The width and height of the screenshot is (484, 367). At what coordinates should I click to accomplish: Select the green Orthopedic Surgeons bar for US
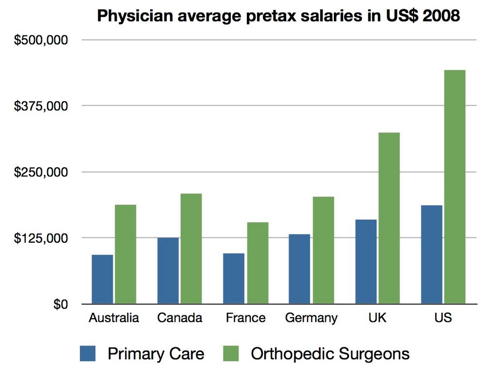pos(454,187)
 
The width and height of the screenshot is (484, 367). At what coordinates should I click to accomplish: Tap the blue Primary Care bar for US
pos(432,255)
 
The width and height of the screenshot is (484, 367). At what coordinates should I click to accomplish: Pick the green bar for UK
pos(389,218)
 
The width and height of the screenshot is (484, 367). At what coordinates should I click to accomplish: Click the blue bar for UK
pos(366,262)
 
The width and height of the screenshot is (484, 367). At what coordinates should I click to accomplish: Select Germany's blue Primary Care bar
pos(300,269)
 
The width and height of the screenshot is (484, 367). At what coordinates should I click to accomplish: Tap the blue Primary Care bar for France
pos(234,279)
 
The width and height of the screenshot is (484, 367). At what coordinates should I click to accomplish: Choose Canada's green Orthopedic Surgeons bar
pos(191,249)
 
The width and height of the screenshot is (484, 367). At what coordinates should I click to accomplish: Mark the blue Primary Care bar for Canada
pos(168,271)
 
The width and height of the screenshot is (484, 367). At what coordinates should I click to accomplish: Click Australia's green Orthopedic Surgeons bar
pos(125,254)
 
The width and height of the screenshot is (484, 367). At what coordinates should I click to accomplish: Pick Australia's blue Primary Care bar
pos(102,279)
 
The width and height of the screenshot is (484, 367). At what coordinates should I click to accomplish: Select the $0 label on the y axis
pos(61,304)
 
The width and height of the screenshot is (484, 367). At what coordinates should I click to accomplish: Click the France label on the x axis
pos(245,318)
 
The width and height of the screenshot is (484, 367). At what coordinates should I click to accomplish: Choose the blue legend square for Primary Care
pos(90,353)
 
